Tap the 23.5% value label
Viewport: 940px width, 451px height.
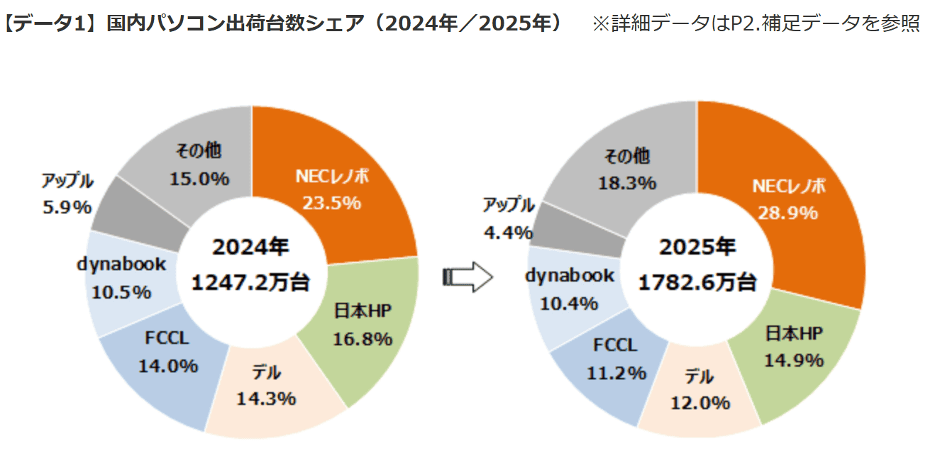(x=332, y=204)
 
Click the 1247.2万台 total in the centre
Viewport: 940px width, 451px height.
(x=251, y=282)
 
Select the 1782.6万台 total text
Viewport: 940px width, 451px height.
(x=697, y=283)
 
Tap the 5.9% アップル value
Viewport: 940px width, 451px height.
(x=67, y=207)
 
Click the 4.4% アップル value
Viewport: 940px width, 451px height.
(x=507, y=231)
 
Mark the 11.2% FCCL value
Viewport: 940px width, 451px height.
(x=616, y=372)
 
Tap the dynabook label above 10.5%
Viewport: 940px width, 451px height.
(x=121, y=265)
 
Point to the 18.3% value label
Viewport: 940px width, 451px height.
(x=626, y=183)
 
